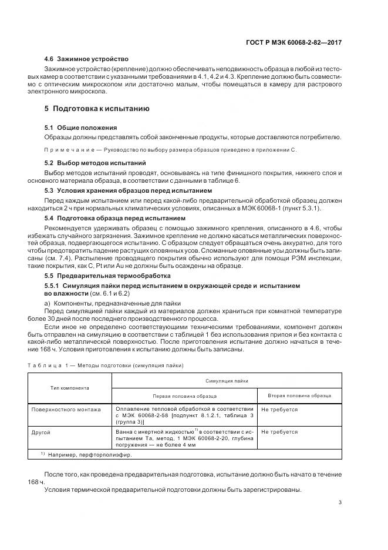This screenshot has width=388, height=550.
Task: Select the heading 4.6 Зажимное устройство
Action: [86, 59]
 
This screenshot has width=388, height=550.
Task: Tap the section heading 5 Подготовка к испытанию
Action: [97, 109]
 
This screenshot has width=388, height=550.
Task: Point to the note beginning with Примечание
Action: [171, 150]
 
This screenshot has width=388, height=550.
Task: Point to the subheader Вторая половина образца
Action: [300, 396]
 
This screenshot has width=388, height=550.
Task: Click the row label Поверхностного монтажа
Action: [66, 409]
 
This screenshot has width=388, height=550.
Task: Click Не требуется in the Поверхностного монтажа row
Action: [279, 409]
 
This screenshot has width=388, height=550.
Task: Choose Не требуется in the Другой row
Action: [279, 432]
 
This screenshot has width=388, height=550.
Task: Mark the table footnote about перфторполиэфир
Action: [86, 454]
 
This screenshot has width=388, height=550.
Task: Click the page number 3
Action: [340, 502]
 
